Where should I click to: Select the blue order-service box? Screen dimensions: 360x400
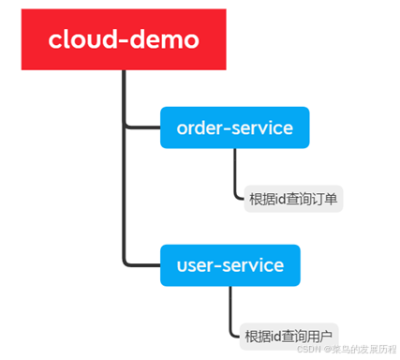tap(234, 127)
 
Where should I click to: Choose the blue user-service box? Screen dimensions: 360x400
tap(230, 265)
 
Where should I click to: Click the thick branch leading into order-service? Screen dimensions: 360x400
tap(142, 127)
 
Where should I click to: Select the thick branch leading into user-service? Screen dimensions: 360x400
tap(142, 265)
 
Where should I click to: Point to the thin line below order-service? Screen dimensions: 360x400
tap(234, 173)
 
